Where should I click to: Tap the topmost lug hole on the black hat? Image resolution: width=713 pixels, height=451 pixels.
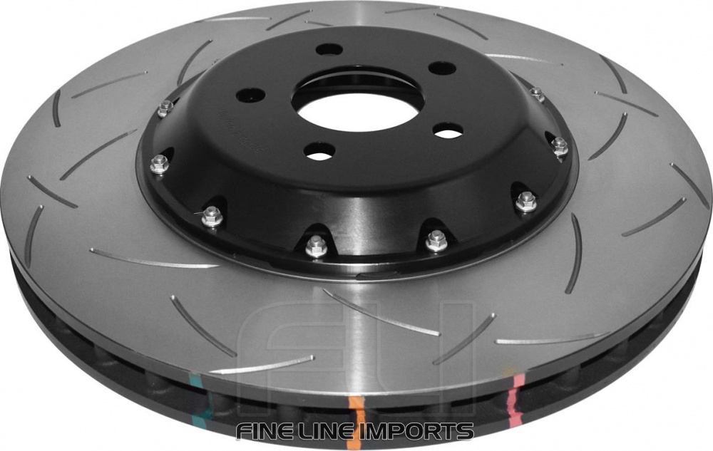point(327,50)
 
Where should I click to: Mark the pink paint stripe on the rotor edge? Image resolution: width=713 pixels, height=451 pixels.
point(516,388)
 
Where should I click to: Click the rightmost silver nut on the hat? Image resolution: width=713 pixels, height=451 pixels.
point(560,147)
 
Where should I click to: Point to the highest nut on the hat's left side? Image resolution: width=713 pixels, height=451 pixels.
point(165,108)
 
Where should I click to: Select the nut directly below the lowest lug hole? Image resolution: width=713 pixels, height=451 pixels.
point(314,245)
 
